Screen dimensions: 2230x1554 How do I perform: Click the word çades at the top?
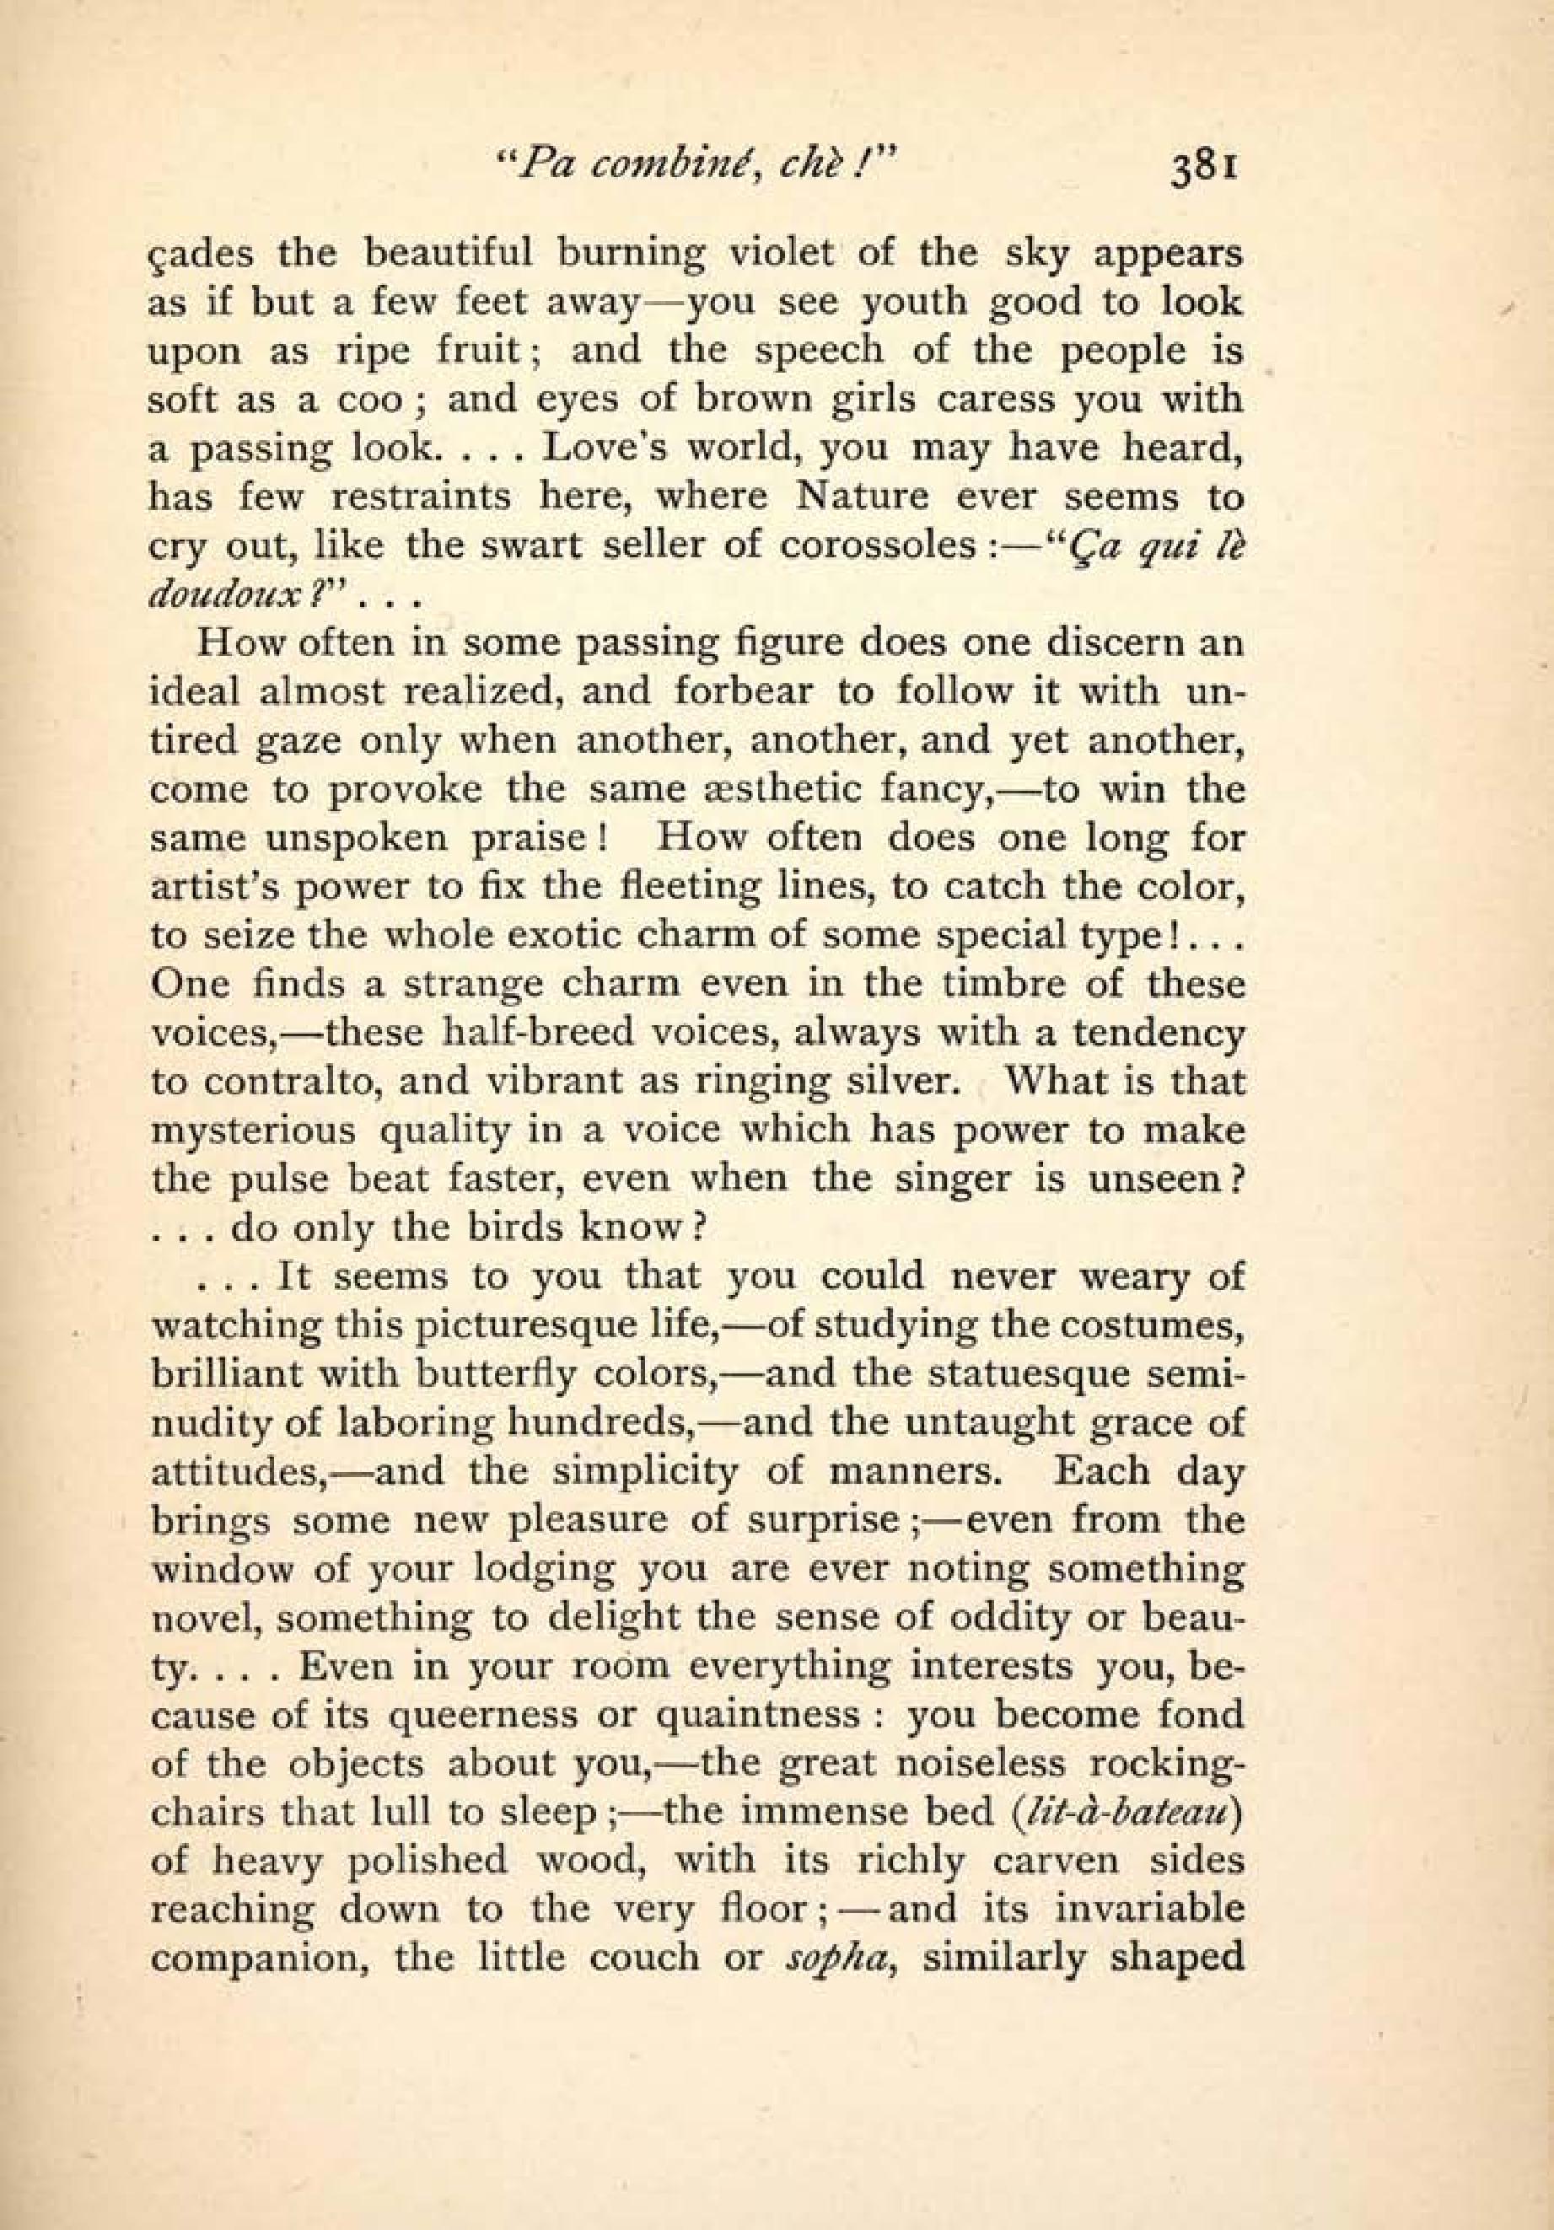tap(201, 255)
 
